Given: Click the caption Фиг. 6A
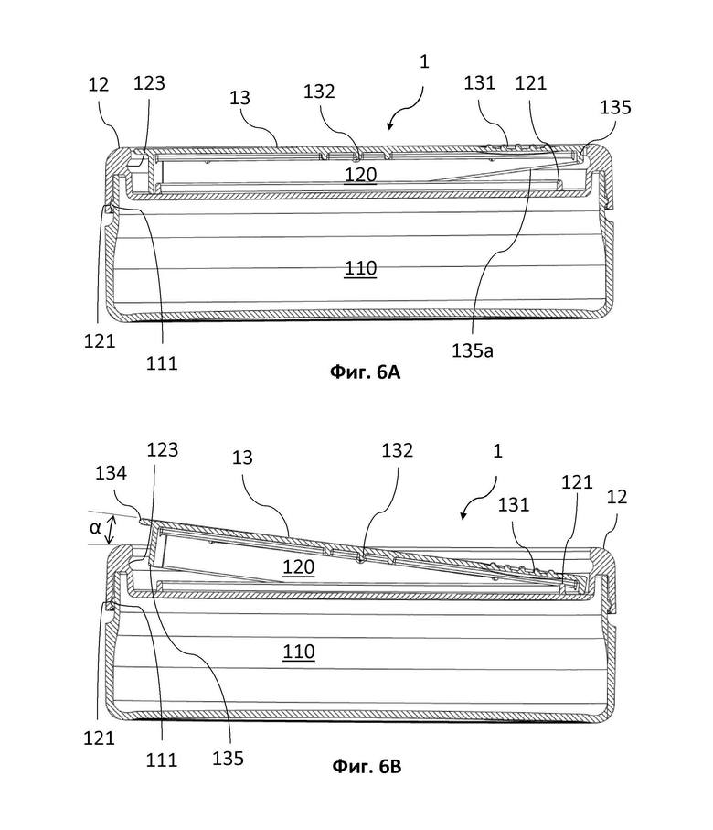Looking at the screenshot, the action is [365, 372].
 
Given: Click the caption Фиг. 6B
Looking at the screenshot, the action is [367, 766].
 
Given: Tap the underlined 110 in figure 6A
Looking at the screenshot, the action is [361, 268].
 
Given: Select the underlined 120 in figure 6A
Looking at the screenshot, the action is [361, 175].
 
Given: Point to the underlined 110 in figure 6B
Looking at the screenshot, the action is [299, 651].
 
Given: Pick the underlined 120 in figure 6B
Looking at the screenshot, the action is [299, 567].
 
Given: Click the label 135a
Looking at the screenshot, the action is [473, 350].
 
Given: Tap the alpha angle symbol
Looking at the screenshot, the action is [95, 527].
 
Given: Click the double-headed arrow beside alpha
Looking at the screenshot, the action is [110, 531].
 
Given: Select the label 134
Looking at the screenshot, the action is [112, 472].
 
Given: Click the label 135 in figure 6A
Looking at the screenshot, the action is [615, 107].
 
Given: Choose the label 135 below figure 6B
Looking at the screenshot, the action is [228, 758].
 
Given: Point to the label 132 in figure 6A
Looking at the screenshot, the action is [319, 92].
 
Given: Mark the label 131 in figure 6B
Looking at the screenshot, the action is [514, 504].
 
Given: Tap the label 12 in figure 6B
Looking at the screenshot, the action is [617, 497].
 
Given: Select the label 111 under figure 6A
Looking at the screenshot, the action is [162, 363].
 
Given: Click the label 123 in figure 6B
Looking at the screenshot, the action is [163, 449].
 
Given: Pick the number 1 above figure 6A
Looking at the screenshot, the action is [424, 61].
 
